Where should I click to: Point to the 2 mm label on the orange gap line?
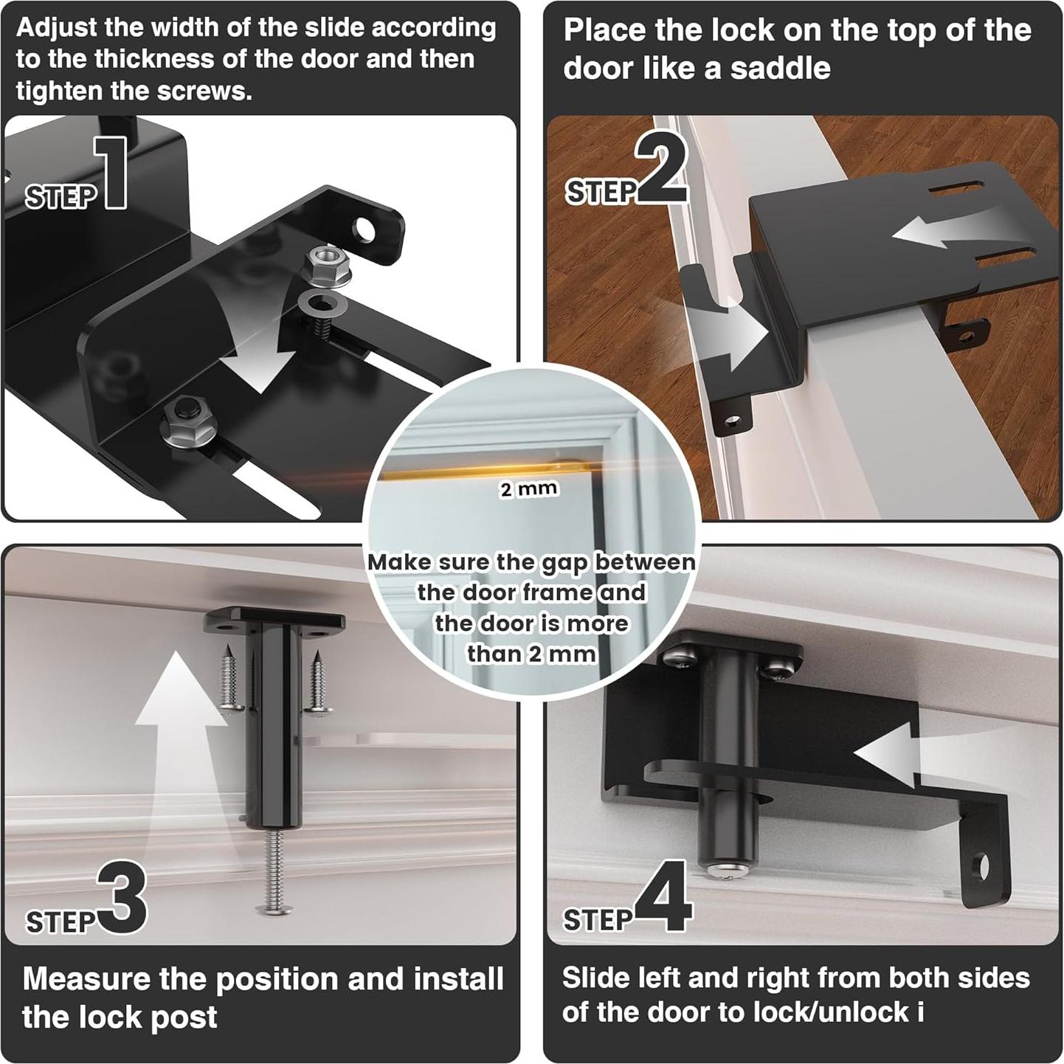coord(528,489)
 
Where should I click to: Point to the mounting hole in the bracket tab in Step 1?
coord(363,230)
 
